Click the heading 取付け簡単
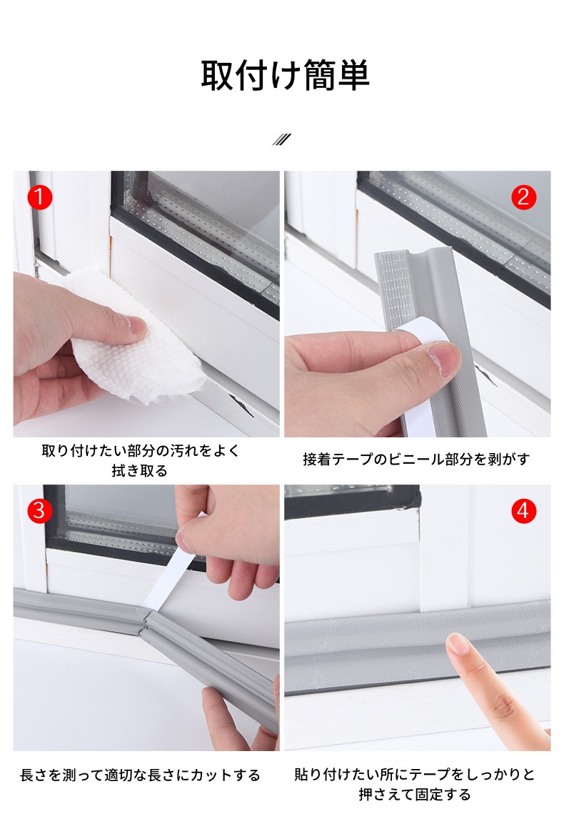coord(285,76)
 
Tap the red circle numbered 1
coord(39,197)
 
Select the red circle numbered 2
coord(523,197)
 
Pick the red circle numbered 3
coord(39,511)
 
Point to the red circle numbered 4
coord(523,511)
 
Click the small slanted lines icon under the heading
coord(281,139)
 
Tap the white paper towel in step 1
coord(136,338)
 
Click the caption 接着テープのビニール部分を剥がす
coord(416,459)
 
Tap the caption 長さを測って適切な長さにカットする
coord(140,775)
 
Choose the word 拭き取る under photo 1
coord(139,470)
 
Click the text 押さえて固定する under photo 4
coord(415,795)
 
